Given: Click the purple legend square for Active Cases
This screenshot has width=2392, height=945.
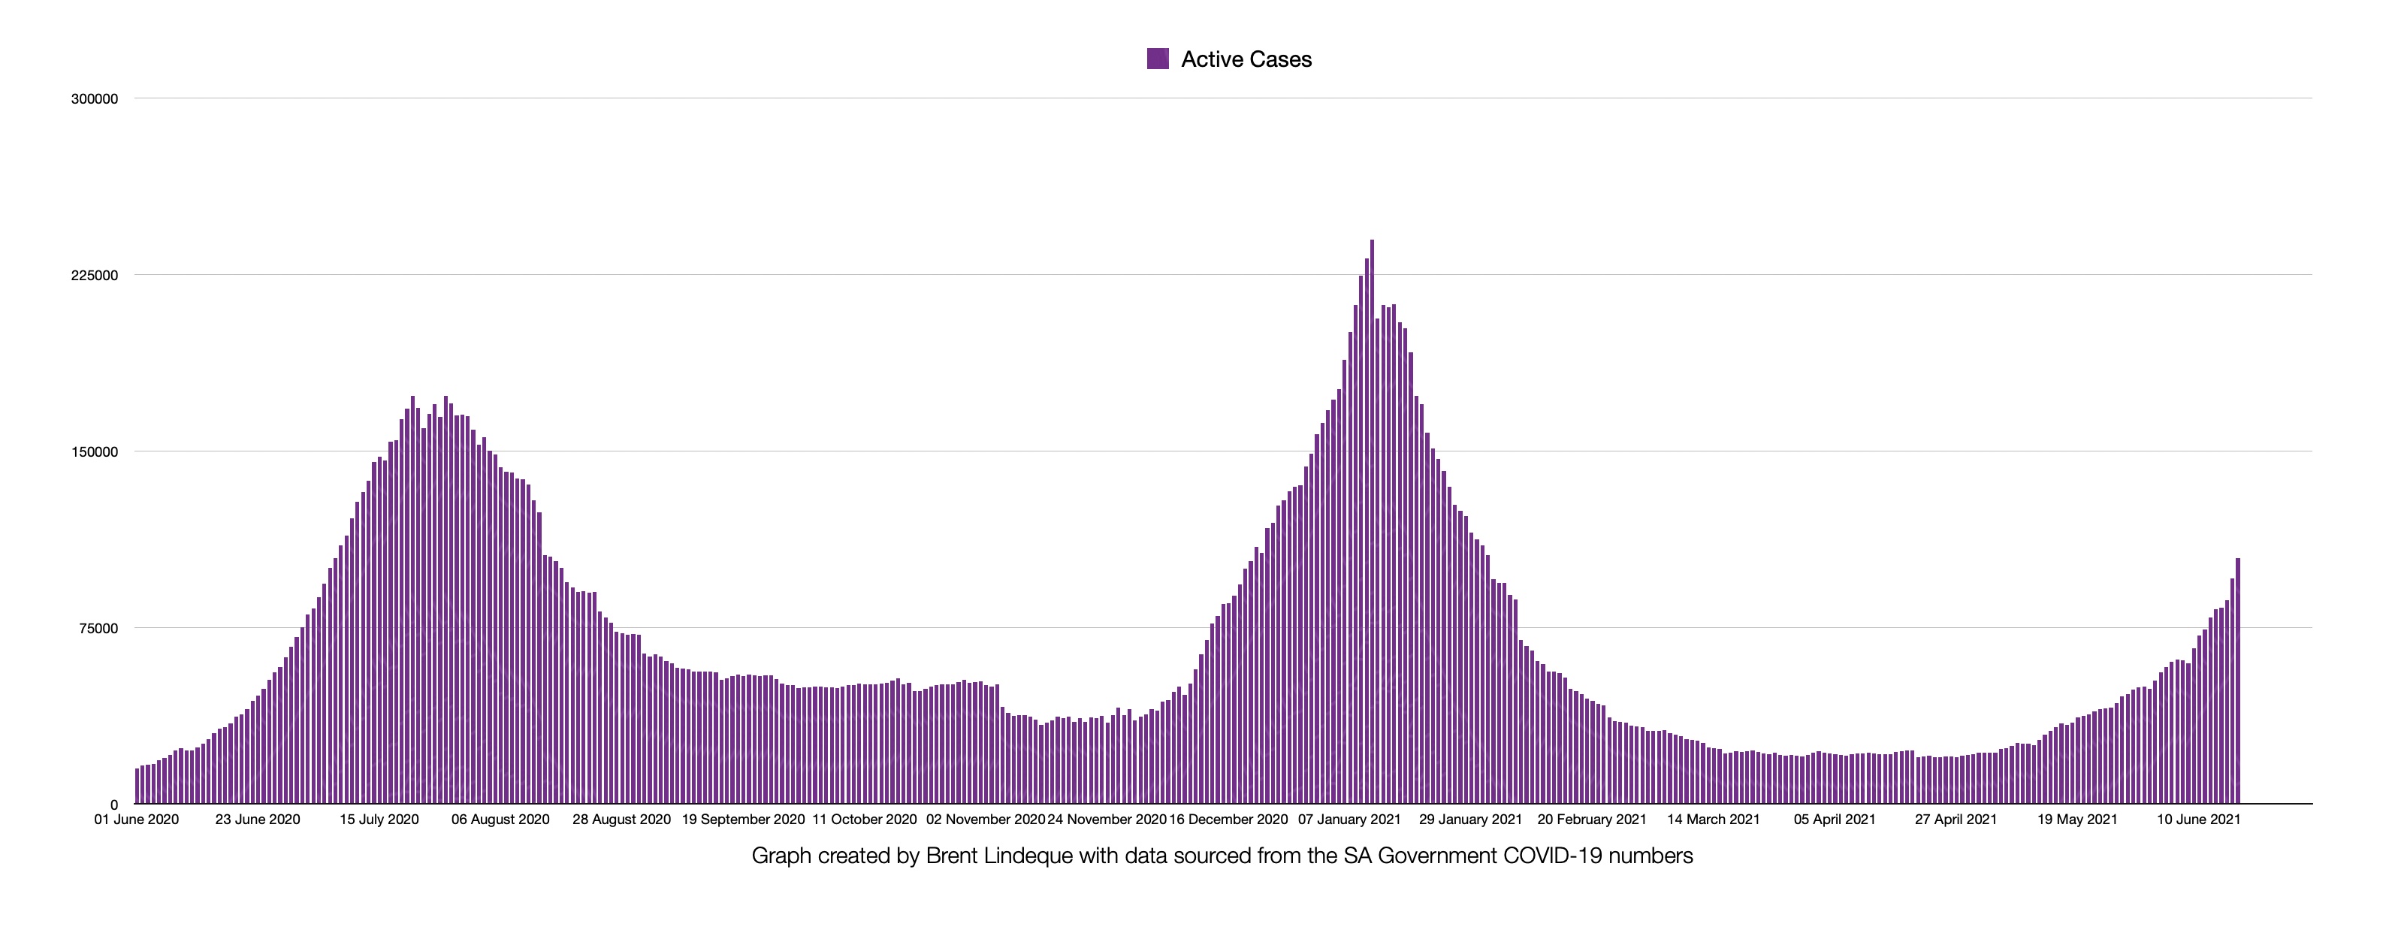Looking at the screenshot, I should point(1157,59).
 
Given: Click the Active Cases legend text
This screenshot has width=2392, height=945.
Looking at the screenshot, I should point(1246,59).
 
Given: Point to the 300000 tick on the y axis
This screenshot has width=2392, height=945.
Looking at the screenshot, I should point(95,99).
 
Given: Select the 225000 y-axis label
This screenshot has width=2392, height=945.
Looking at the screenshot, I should point(95,276).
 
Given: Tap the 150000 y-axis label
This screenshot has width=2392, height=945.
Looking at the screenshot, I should point(95,452).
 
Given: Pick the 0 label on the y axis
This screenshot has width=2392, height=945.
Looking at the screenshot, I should point(114,805).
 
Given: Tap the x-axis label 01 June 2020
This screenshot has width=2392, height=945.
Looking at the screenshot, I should point(137,820).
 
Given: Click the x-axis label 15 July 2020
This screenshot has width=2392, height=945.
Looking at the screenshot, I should point(379,820).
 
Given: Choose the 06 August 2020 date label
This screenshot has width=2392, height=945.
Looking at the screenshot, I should point(500,820).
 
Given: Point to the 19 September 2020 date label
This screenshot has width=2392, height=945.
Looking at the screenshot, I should point(743,820).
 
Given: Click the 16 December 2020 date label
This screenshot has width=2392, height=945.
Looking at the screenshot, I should point(1228,820).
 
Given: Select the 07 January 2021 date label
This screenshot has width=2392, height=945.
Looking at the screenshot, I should point(1349,820).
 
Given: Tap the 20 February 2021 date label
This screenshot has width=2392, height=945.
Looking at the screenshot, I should point(1592,820).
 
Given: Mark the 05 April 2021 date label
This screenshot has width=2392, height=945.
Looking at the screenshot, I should point(1835,820).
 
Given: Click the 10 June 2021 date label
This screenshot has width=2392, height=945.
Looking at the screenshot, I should point(2198,820).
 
